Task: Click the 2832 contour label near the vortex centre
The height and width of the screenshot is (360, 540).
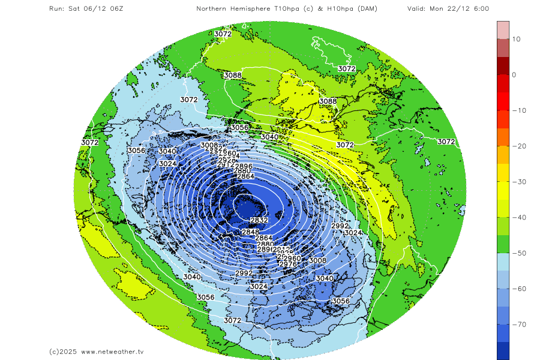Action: pos(259,221)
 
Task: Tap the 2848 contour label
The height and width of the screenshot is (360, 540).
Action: pos(250,232)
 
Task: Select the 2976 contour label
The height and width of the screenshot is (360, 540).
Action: pos(288,264)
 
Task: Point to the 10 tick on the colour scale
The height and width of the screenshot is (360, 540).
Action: pos(515,39)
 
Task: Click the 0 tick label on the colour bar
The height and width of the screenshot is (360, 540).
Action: pos(514,75)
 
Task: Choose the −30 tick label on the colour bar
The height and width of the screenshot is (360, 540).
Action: pos(514,182)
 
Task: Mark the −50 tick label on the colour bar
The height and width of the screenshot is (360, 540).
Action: pos(514,253)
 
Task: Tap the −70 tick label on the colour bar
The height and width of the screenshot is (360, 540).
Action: pos(514,325)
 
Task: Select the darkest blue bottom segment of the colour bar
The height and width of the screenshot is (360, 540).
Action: pos(503,350)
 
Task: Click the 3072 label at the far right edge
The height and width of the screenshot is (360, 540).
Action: pos(446,142)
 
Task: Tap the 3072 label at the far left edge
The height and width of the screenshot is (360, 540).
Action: pos(89,142)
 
